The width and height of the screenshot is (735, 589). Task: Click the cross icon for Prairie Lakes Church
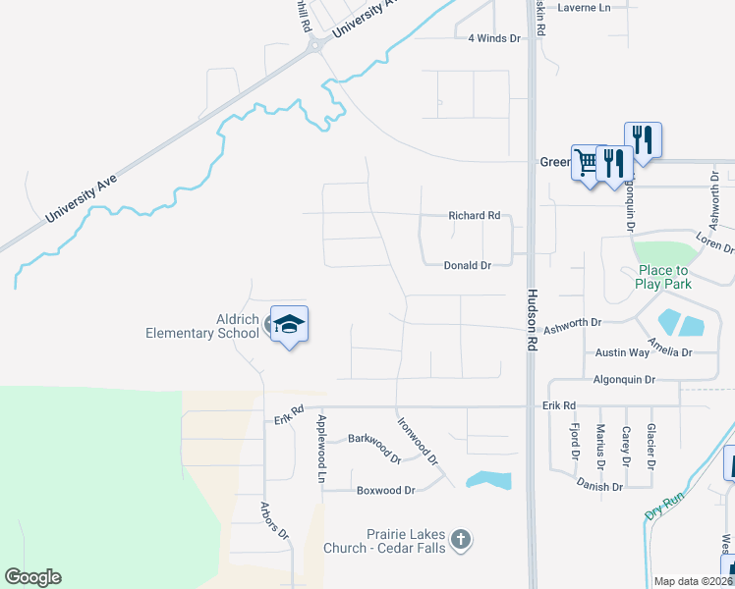click(x=461, y=539)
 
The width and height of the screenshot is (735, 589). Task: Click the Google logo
click(x=32, y=577)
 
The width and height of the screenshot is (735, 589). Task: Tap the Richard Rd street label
click(x=475, y=215)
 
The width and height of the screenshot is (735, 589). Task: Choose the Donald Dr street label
click(x=467, y=265)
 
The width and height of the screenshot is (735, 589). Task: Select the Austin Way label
click(x=622, y=352)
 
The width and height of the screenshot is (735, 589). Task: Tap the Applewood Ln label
click(x=320, y=449)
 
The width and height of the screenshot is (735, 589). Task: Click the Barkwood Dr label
click(x=375, y=446)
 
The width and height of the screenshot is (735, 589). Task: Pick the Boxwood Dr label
click(x=386, y=490)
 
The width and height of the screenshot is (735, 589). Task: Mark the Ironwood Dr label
click(x=417, y=442)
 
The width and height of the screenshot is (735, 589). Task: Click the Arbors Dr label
click(x=274, y=521)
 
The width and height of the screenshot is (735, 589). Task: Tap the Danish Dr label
click(x=600, y=486)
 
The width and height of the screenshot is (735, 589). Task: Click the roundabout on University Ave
click(x=316, y=45)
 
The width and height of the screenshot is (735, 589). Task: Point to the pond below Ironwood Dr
click(x=489, y=480)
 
